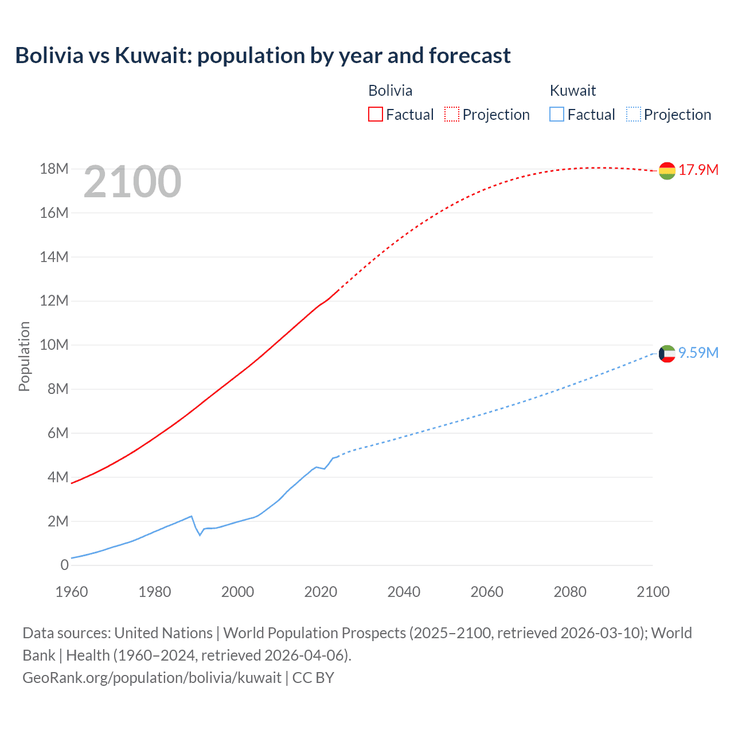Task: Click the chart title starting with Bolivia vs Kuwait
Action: [263, 56]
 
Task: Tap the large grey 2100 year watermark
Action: [132, 182]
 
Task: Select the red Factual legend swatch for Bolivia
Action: [375, 114]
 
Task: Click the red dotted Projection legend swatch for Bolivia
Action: [452, 114]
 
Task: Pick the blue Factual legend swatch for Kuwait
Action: [556, 114]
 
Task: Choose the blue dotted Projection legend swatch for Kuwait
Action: [633, 114]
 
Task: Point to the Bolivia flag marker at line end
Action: [667, 170]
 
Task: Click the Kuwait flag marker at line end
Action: [667, 354]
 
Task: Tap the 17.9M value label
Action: [698, 170]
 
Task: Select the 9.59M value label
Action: [698, 353]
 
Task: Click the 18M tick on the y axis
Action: [54, 169]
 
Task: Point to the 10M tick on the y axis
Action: [54, 345]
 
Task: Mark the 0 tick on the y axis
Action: [64, 565]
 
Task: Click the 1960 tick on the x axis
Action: [72, 592]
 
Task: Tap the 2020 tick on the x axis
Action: [321, 592]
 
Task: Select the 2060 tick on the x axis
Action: [487, 592]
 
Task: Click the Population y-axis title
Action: [24, 356]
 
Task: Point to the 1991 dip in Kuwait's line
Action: [200, 534]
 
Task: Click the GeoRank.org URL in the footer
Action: [152, 678]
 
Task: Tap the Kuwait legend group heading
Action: [572, 91]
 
